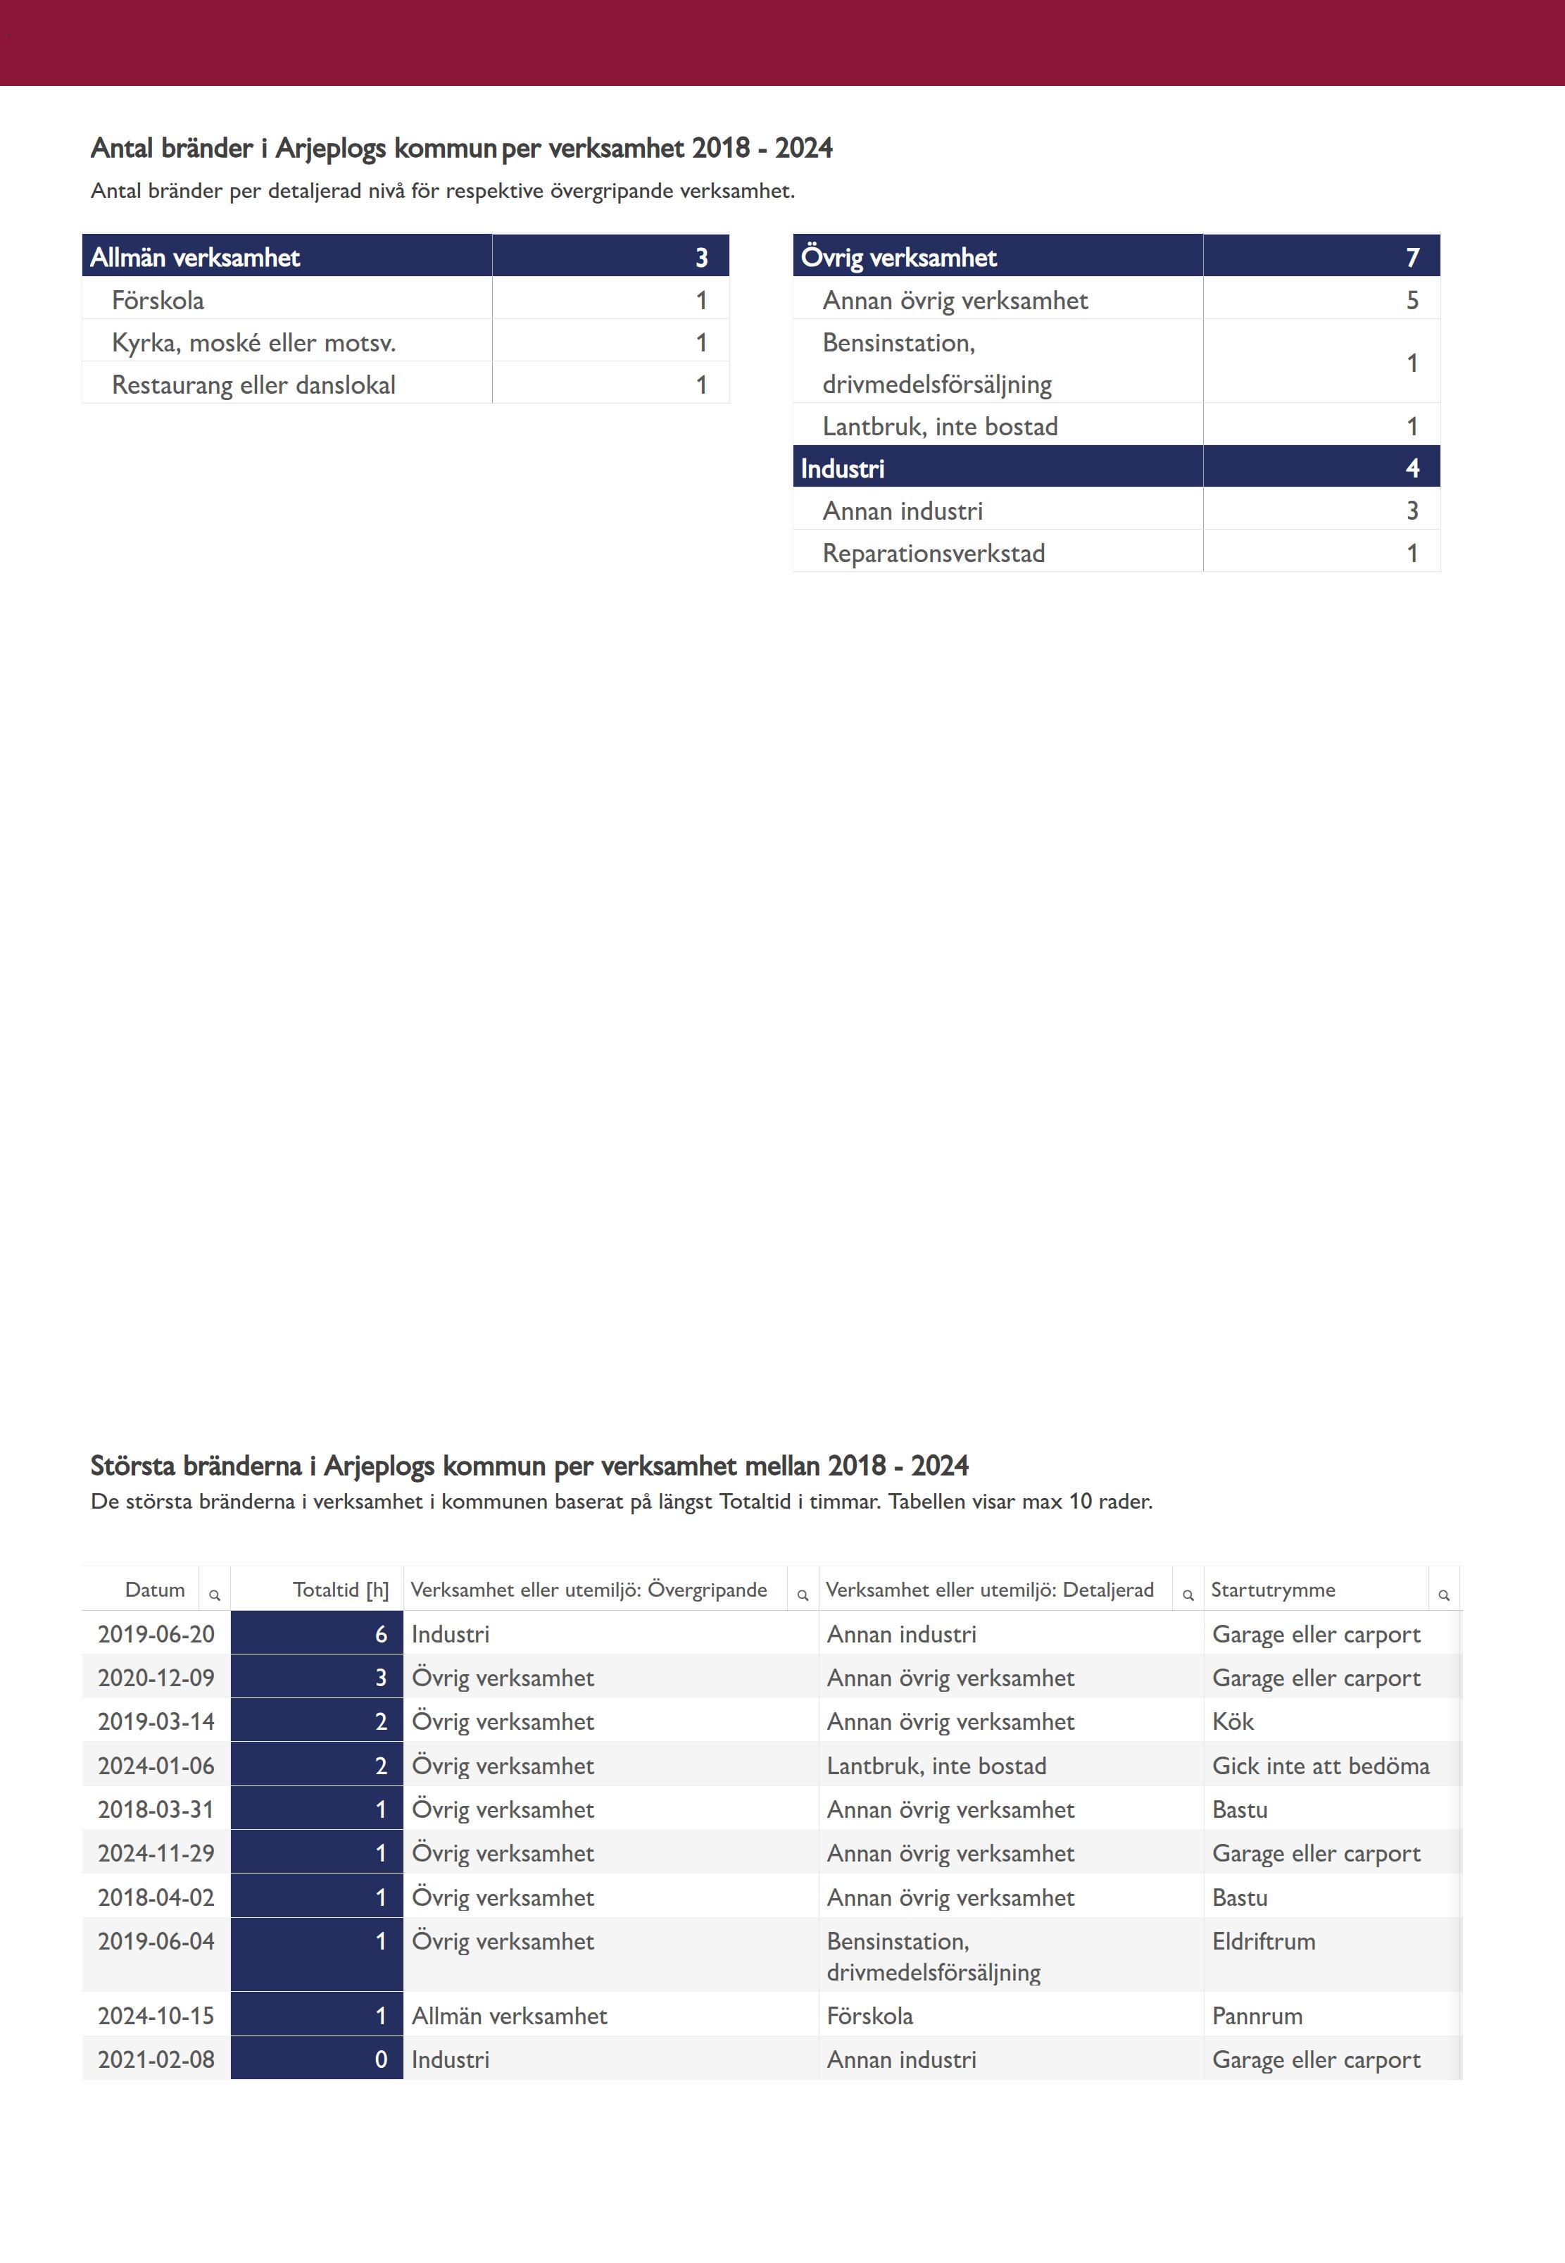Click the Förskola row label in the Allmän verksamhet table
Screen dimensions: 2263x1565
point(158,300)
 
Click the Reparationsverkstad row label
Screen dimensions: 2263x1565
point(934,553)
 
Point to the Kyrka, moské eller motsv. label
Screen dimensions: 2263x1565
point(253,342)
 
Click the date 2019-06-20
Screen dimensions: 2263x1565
point(156,1634)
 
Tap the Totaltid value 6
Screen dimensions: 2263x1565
point(380,1634)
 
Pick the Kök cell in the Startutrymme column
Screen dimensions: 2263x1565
point(1233,1721)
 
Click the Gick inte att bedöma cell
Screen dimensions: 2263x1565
point(1320,1766)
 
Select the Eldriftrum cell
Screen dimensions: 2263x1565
point(1263,1941)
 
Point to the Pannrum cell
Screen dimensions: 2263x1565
point(1257,2016)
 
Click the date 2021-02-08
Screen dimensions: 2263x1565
point(156,2060)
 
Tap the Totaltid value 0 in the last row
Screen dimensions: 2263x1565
point(380,2060)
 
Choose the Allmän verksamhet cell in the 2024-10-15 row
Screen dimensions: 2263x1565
point(509,2016)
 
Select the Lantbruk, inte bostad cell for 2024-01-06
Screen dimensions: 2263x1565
point(936,1766)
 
